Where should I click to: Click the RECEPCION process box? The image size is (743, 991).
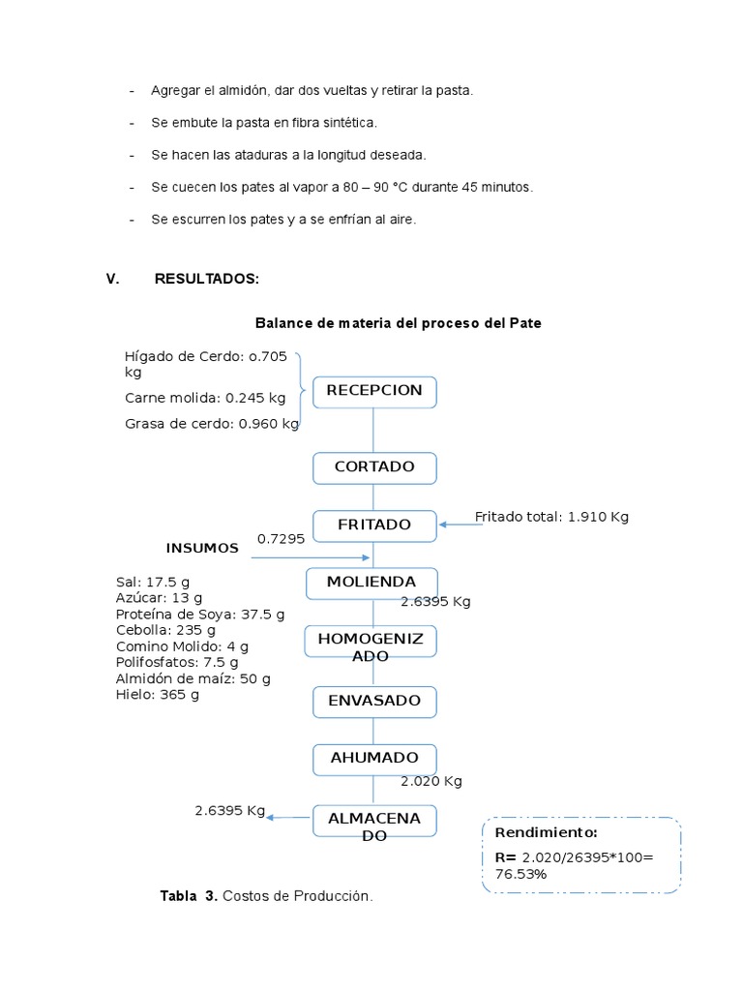pyautogui.click(x=374, y=391)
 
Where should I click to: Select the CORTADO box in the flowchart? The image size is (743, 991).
pyautogui.click(x=374, y=467)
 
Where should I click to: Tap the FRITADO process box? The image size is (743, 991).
pyautogui.click(x=374, y=525)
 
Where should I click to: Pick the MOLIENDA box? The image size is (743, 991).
pyautogui.click(x=371, y=583)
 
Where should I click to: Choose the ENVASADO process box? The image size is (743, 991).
pyautogui.click(x=374, y=701)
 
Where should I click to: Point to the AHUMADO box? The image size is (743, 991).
pyautogui.click(x=374, y=759)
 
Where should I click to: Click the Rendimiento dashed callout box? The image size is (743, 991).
pyautogui.click(x=581, y=855)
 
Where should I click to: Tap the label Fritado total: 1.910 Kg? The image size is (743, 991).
pyautogui.click(x=551, y=517)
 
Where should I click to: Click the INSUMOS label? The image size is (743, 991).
pyautogui.click(x=202, y=549)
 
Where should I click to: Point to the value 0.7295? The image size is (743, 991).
pyautogui.click(x=281, y=538)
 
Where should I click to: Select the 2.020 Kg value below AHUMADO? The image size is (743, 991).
pyautogui.click(x=431, y=781)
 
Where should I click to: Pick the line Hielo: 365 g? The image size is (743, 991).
pyautogui.click(x=157, y=695)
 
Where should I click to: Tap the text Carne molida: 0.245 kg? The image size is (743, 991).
pyautogui.click(x=205, y=398)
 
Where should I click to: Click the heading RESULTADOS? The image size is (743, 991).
pyautogui.click(x=206, y=280)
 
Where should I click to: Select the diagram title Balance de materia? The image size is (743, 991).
pyautogui.click(x=398, y=323)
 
